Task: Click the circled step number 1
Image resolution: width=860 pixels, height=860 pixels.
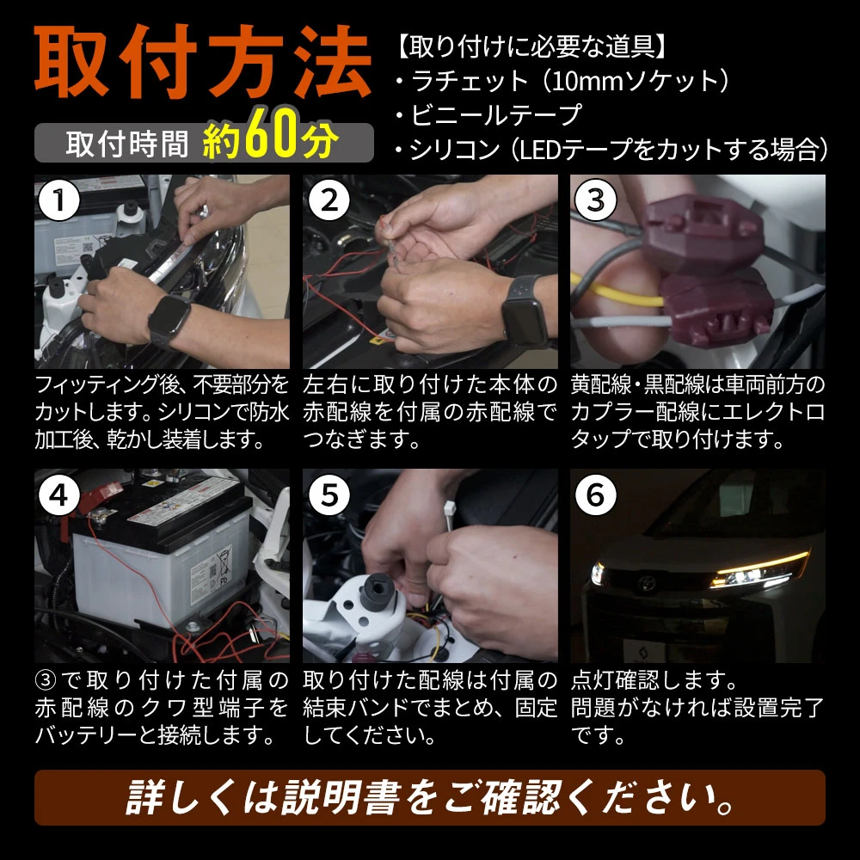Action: [59, 200]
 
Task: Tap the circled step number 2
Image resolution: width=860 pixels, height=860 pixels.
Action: [329, 200]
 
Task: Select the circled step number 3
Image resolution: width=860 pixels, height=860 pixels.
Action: [596, 200]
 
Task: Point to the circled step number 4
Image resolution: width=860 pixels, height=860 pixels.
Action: [59, 495]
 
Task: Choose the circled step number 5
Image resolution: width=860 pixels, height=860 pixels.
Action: [329, 495]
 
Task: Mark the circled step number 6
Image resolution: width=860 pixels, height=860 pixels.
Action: [596, 495]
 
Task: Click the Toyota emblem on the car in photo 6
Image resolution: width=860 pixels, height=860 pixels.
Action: [647, 582]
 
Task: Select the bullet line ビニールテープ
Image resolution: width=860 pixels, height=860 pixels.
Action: [489, 114]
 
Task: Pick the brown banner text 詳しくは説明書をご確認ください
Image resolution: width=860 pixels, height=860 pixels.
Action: [430, 797]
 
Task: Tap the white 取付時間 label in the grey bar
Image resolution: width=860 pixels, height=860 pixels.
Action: [126, 144]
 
